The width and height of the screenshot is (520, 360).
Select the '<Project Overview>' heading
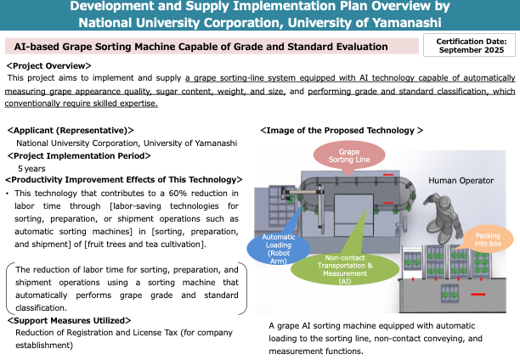[48, 65]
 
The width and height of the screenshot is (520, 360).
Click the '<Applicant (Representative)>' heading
[71, 131]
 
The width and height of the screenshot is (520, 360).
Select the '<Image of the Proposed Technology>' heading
[341, 131]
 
